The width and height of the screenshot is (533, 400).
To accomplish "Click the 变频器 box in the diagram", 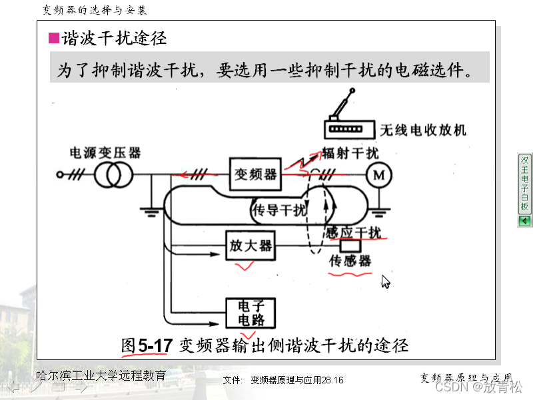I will click(x=255, y=174).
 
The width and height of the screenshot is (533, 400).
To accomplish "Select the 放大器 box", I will click(x=251, y=246).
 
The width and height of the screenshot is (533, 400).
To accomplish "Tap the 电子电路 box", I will click(x=251, y=312).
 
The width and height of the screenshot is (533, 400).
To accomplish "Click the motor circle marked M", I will click(x=378, y=175).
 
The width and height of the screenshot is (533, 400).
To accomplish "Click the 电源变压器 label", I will click(x=105, y=153).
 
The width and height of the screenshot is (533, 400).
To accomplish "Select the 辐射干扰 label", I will click(x=350, y=154).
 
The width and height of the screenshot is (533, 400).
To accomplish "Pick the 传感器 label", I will click(x=350, y=262).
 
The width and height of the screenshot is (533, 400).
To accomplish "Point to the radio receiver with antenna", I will click(x=348, y=120).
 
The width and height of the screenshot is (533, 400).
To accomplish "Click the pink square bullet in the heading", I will click(x=54, y=37).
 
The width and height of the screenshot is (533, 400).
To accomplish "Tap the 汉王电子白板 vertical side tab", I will click(x=524, y=183).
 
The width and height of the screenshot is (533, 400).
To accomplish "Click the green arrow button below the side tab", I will click(x=524, y=221).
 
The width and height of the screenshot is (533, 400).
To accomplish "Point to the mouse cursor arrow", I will click(x=385, y=282).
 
